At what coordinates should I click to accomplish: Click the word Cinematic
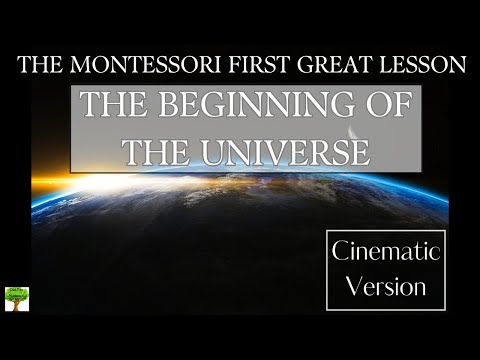click(388, 252)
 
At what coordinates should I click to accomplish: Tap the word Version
click(388, 287)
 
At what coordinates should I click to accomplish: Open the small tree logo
click(17, 298)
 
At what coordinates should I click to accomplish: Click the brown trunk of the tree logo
click(17, 304)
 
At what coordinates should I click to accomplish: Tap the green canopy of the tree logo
click(17, 293)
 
